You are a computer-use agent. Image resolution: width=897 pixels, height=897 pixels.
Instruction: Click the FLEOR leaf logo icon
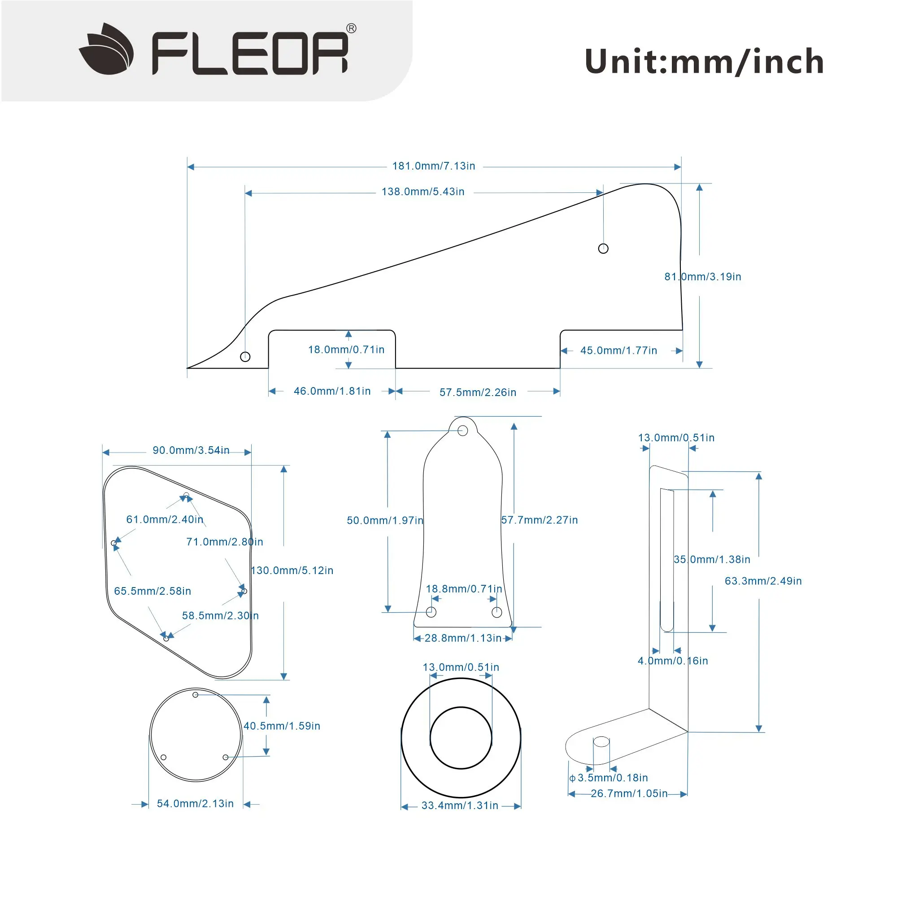[106, 49]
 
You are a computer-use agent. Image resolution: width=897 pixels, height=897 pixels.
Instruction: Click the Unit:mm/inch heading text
[704, 62]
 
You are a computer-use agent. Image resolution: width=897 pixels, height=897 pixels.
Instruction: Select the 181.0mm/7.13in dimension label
[434, 166]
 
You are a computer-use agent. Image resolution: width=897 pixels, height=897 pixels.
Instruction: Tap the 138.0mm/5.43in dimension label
[423, 192]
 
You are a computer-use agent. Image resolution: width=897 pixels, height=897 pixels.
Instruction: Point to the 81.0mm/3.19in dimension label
[702, 277]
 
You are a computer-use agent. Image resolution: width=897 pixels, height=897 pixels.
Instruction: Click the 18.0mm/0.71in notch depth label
[346, 350]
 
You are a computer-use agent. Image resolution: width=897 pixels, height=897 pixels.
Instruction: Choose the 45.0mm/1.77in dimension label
[618, 351]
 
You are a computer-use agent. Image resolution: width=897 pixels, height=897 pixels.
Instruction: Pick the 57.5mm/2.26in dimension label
[478, 392]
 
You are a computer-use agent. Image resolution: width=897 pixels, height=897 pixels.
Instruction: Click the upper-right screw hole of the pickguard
[603, 248]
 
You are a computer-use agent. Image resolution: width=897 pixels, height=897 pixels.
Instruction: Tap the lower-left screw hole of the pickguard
[245, 357]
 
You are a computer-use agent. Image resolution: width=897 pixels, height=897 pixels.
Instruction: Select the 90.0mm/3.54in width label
[191, 450]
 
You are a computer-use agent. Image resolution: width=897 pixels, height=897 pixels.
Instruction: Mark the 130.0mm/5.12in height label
[292, 570]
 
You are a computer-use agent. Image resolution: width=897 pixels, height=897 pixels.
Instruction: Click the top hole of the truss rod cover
[462, 431]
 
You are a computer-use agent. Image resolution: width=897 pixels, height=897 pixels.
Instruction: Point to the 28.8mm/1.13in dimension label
[463, 638]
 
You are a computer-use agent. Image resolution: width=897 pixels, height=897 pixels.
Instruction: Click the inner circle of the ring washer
[461, 738]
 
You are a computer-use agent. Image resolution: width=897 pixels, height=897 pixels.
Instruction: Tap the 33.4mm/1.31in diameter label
[460, 806]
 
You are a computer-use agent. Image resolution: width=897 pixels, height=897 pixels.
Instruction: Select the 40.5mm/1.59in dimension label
[282, 726]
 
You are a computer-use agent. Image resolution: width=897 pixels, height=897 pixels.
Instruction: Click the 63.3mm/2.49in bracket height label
[763, 581]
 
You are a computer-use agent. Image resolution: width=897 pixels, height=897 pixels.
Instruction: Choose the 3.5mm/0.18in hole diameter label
[612, 778]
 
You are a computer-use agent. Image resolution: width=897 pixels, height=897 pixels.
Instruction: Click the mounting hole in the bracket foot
[601, 741]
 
